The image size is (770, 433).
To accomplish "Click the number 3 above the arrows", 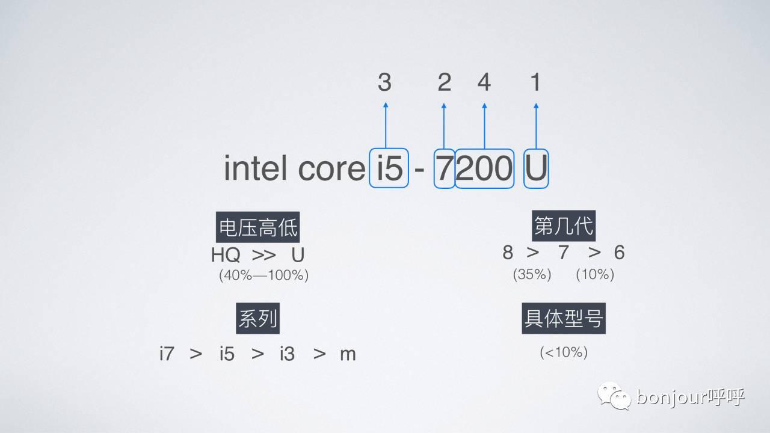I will pos(384,82).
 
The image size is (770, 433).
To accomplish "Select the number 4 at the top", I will pos(484,82).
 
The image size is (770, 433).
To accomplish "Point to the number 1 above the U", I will pos(535,82).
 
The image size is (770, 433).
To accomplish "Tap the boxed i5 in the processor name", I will pos(389,168).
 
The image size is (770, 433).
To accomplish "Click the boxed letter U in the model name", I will pos(536,168).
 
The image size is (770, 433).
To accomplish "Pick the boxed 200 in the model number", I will pos(484,168).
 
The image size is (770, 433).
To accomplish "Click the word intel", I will pos(255,168).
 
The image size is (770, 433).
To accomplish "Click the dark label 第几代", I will pos(564,226).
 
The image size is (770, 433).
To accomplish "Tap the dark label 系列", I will pos(258,319).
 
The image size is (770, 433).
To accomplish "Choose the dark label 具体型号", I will pos(564,319).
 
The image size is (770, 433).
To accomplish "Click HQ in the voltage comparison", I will pos(226,255).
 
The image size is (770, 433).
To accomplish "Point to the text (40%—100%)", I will pos(263,275).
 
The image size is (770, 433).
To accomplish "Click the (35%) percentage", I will pos(532,274).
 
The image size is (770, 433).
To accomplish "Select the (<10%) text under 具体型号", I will pos(564,352).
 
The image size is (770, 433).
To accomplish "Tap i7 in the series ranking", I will pos(167,354).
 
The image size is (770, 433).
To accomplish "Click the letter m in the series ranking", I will pos(348,354).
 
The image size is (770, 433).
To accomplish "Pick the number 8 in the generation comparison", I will pos(508,253).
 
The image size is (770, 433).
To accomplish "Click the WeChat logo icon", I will pos(613,396).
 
